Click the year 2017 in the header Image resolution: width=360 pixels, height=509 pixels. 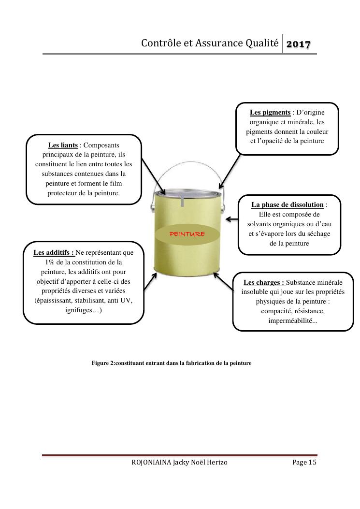[x=298, y=44]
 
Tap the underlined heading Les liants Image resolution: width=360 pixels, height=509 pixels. [x=63, y=145]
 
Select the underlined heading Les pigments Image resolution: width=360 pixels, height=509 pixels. [x=270, y=112]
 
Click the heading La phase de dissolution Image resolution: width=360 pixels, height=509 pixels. [x=288, y=205]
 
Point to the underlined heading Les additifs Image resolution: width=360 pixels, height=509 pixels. [x=54, y=252]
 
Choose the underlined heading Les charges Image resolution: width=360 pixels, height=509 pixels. [x=264, y=282]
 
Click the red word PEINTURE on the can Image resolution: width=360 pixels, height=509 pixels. [x=187, y=234]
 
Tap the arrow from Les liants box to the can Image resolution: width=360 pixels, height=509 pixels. [x=154, y=176]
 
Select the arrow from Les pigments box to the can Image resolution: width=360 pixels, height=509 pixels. [x=230, y=172]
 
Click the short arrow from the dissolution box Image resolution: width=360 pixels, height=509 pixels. [x=232, y=219]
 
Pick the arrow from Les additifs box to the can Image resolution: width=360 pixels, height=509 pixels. [x=150, y=281]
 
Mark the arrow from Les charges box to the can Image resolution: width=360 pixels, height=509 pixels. [x=223, y=281]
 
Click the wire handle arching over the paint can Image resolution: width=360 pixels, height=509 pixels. [x=187, y=162]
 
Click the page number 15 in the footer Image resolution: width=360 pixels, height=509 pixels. [x=312, y=462]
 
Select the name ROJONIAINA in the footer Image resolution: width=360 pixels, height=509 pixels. [x=151, y=462]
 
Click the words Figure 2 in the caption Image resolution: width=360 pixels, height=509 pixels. [x=103, y=363]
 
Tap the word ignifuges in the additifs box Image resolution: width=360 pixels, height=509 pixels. [x=79, y=310]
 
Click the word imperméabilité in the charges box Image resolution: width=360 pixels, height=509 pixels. [x=290, y=321]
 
